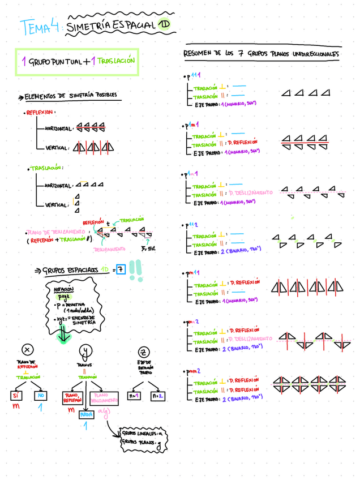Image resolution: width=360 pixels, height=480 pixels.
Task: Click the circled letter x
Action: pyautogui.click(x=28, y=351)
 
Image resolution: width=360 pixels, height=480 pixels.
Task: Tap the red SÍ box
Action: pyautogui.click(x=16, y=396)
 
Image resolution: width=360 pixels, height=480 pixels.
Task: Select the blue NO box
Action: pyautogui.click(x=40, y=396)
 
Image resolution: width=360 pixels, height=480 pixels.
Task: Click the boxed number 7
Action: pyautogui.click(x=120, y=269)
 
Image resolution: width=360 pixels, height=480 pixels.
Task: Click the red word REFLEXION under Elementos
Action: pyautogui.click(x=40, y=113)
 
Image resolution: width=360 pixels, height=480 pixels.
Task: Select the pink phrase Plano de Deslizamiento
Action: pyautogui.click(x=54, y=232)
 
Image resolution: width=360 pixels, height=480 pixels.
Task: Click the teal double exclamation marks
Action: pyautogui.click(x=135, y=270)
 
